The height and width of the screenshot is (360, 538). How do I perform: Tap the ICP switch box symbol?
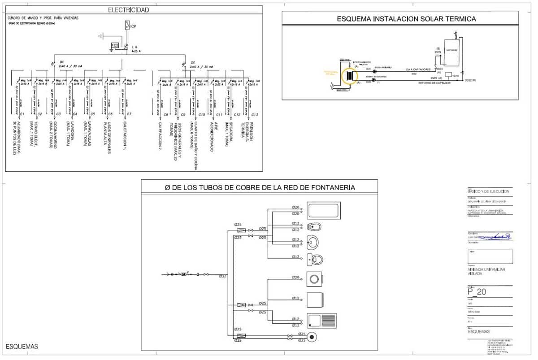coord(127,26)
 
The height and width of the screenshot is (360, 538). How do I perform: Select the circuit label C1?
coord(15,114)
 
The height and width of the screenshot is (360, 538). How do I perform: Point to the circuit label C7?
coord(129,114)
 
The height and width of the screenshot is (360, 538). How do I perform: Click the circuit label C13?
coord(255,115)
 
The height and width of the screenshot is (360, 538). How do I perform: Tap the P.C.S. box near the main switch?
coord(115,46)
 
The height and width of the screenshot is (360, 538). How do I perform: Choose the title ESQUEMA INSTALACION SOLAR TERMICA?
coord(406,19)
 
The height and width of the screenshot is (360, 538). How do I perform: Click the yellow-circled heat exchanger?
coord(349,76)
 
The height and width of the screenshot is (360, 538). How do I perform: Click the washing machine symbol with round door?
coord(315,279)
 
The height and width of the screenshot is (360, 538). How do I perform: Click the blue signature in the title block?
coord(493,236)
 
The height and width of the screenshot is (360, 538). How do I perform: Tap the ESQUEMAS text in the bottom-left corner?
coord(22,347)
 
